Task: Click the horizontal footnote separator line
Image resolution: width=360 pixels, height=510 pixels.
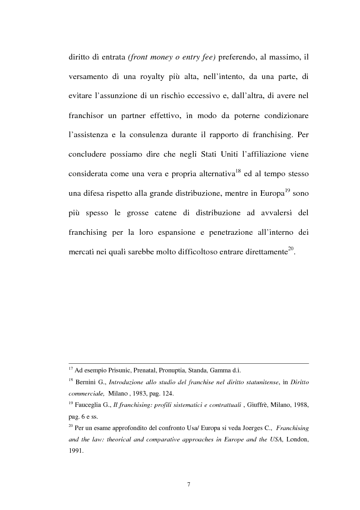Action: [188, 363]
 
